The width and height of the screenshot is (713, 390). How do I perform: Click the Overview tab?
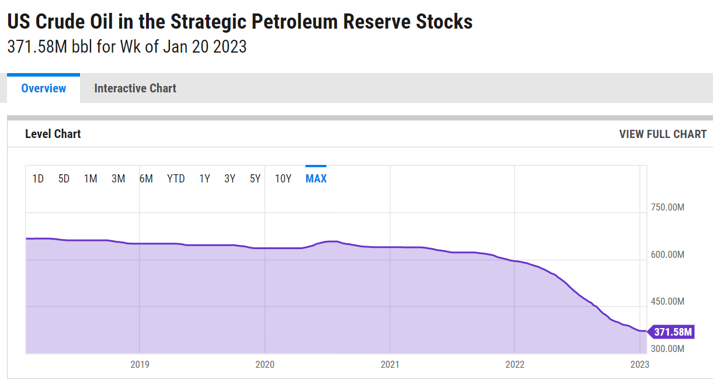pos(44,88)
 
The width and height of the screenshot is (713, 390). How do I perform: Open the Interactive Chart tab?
pos(135,88)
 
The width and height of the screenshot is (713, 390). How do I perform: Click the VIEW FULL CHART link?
pos(663,134)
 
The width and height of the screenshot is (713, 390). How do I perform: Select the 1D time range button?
pos(38,178)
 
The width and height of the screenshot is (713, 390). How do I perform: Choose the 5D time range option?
pos(64,178)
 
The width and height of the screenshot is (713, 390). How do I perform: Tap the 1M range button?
pos(91,178)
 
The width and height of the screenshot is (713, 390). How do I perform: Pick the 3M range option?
pos(118,178)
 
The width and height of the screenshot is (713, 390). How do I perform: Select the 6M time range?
pos(146,178)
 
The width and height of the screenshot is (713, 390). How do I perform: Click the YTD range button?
pos(176,178)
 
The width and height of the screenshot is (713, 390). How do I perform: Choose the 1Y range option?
pos(204,178)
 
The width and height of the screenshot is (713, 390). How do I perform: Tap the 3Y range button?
pos(229,178)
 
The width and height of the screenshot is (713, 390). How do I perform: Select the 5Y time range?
pos(255,178)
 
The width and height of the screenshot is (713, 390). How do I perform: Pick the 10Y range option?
pos(283,178)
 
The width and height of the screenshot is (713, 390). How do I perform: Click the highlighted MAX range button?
pos(316,178)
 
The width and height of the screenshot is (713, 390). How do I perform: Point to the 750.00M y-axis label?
pos(667,208)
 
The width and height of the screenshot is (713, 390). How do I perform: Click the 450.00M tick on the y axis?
pos(667,302)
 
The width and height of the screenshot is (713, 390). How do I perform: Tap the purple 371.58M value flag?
pos(672,332)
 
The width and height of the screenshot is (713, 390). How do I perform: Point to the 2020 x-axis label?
pos(265,364)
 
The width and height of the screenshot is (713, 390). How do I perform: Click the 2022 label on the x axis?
pos(514,364)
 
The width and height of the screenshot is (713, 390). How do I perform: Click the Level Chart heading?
pos(53,134)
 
